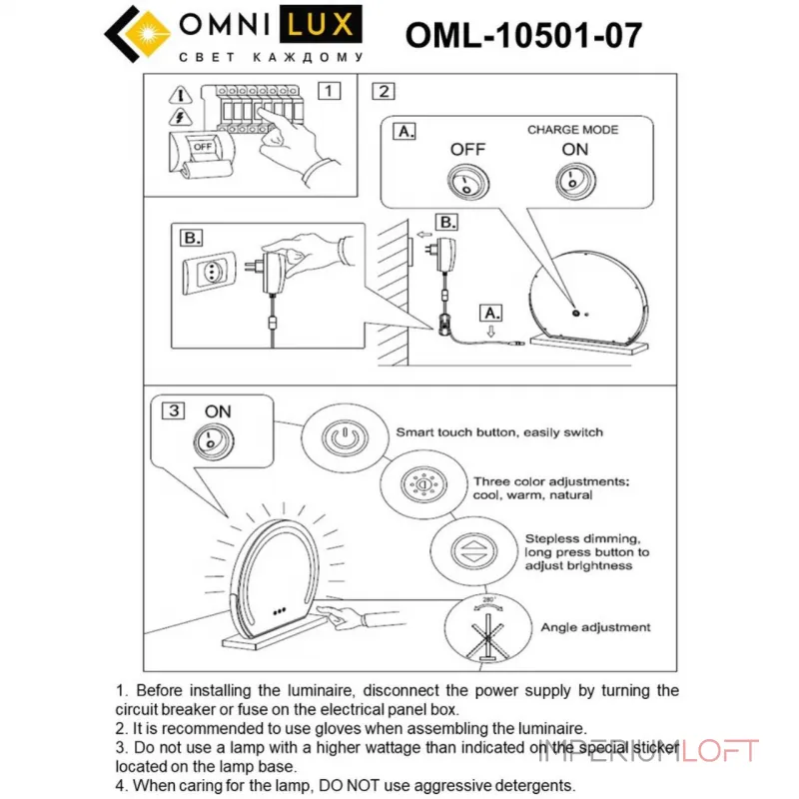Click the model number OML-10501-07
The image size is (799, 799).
coord(523,35)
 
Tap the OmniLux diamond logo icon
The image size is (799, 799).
coord(129,33)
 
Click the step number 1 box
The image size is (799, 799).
coord(329,91)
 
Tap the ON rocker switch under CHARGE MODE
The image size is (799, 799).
coord(573,181)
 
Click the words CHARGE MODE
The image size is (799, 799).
coord(572,130)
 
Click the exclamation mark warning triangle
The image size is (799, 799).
coord(179,96)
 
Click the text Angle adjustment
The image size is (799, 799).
coord(595,627)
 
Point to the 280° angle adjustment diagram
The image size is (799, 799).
coord(488,629)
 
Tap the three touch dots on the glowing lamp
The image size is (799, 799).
coord(279,611)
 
